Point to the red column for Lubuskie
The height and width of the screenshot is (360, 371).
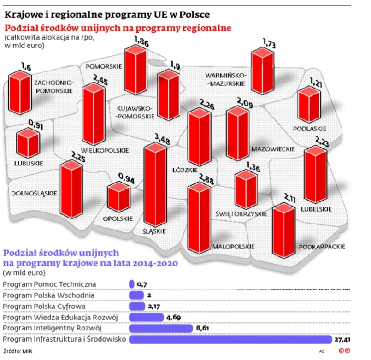(29, 143)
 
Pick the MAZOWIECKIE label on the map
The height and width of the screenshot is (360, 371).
(273, 149)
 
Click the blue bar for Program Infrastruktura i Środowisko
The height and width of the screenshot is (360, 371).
(230, 340)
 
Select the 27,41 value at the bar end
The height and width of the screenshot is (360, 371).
(342, 340)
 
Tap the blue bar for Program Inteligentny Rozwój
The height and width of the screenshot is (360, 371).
(161, 328)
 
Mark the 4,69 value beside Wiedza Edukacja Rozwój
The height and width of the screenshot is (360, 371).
(174, 317)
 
